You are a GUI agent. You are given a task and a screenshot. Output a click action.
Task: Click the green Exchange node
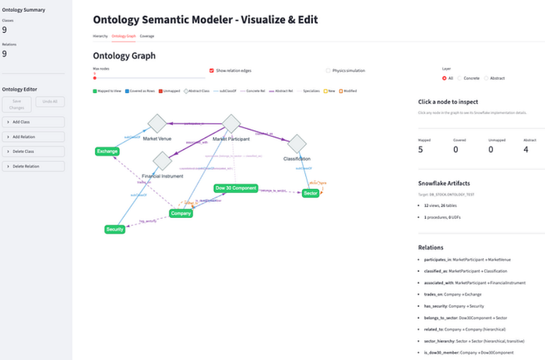pos(107,151)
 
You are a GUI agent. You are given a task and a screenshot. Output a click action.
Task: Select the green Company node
pos(181,213)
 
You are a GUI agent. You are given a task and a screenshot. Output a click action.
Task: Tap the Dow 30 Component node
pos(236,188)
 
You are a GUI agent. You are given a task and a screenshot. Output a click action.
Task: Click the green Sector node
pos(310,193)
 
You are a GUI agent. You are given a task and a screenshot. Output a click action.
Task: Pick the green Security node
pos(115,229)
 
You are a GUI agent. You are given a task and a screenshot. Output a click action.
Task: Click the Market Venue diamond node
pos(157,123)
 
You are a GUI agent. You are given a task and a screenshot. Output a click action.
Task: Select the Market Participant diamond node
pos(231,123)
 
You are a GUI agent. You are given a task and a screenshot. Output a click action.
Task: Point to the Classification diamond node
pos(297,144)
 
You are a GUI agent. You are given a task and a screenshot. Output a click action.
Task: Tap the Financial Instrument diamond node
pos(162,160)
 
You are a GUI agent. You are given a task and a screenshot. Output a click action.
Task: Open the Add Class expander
pos(33,122)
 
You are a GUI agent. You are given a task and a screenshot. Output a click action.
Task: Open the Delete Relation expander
pos(33,166)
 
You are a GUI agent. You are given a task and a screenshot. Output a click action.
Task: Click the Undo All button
pos(50,102)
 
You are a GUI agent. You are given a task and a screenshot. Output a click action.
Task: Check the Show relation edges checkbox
pos(212,71)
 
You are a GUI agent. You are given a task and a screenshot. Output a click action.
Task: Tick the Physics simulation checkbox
pos(328,71)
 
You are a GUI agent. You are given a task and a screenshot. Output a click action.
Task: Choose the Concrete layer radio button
pos(460,79)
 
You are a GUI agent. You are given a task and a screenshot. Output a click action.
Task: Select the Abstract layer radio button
pos(486,79)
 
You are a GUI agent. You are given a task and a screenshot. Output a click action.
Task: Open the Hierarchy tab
pos(100,36)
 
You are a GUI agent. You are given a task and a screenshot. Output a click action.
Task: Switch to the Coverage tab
pos(147,36)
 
